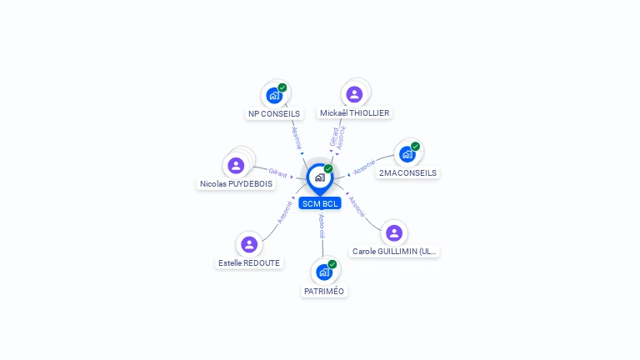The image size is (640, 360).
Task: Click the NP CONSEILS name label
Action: pyautogui.click(x=274, y=113)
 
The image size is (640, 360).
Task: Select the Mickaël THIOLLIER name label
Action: pyautogui.click(x=354, y=112)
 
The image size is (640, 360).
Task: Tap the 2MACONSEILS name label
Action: pyautogui.click(x=407, y=173)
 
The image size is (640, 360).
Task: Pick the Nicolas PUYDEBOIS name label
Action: pyautogui.click(x=236, y=183)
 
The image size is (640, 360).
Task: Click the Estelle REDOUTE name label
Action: pyautogui.click(x=249, y=262)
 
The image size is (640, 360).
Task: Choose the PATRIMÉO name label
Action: pyautogui.click(x=324, y=291)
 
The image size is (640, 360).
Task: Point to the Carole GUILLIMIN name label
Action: pyautogui.click(x=394, y=251)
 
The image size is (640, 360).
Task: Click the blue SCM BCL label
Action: pyautogui.click(x=320, y=203)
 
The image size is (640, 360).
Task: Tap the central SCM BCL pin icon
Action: pyautogui.click(x=319, y=177)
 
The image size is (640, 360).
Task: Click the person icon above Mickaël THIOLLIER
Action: pyautogui.click(x=354, y=94)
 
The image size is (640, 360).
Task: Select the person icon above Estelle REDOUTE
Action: pyautogui.click(x=248, y=244)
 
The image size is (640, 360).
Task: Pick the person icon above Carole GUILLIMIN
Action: pyautogui.click(x=394, y=232)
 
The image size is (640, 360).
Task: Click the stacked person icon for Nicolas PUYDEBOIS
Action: pyautogui.click(x=236, y=165)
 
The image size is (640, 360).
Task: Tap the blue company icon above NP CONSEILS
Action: pyautogui.click(x=274, y=95)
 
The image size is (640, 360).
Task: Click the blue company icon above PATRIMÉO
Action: pyautogui.click(x=323, y=272)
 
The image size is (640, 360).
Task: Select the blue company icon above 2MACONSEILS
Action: pyautogui.click(x=407, y=154)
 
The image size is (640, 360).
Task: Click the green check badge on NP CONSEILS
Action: pyautogui.click(x=282, y=87)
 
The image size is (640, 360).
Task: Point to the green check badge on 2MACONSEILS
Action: pyautogui.click(x=415, y=147)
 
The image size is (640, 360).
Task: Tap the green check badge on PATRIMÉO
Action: pyautogui.click(x=332, y=264)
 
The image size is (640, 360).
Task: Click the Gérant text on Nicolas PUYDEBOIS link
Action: pyautogui.click(x=277, y=173)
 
